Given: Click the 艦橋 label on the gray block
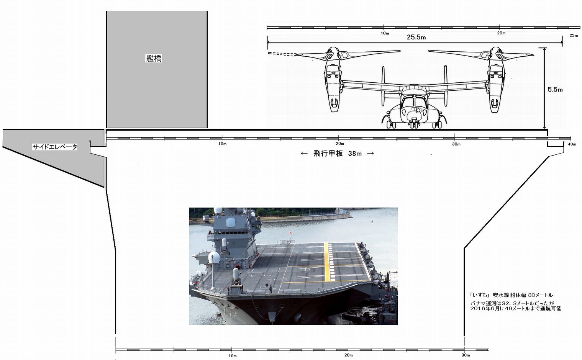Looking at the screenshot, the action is tap(154, 58).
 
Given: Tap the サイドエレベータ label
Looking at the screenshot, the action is tap(54, 147).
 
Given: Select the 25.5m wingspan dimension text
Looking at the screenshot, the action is tap(416, 37).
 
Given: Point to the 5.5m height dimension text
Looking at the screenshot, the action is tap(555, 90).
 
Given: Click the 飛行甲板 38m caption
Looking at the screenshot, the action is tap(337, 154).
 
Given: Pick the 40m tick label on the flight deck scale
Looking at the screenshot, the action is tap(572, 144).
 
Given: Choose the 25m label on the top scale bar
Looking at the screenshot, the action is tap(574, 35).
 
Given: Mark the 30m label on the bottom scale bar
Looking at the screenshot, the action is tap(466, 355).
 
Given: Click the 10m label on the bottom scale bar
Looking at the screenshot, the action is tap(233, 355).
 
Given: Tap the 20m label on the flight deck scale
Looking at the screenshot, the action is tap(340, 144).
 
